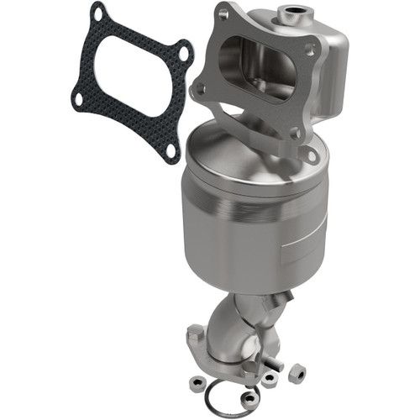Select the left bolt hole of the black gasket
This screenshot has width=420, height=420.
coord(77,98)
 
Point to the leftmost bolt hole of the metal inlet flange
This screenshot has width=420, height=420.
coord(201,87)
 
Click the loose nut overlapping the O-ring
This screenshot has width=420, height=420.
coord(249,397)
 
